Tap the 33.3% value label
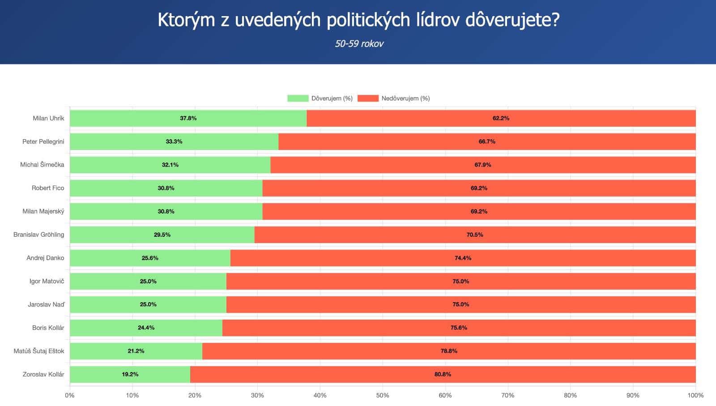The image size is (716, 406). point(174,141)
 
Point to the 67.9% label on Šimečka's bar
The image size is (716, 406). point(482,165)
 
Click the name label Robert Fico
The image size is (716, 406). point(48,188)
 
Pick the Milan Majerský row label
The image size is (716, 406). point(43,211)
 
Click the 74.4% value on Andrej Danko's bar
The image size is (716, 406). point(463,258)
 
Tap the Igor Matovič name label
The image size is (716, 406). point(47,281)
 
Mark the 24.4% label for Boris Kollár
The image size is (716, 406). point(146,328)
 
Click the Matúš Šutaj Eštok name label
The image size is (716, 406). point(39,351)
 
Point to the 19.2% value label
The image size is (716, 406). point(130,374)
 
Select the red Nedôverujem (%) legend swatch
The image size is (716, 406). point(368,98)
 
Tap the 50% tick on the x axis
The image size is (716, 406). point(382,395)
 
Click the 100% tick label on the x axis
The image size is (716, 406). point(695,395)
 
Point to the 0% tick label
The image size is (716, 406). point(70,395)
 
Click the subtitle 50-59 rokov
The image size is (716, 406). point(359,43)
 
